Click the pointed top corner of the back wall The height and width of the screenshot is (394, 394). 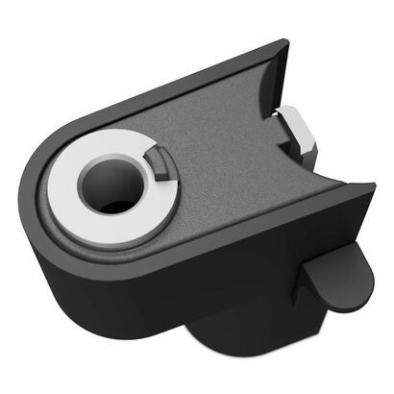click(284, 42)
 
